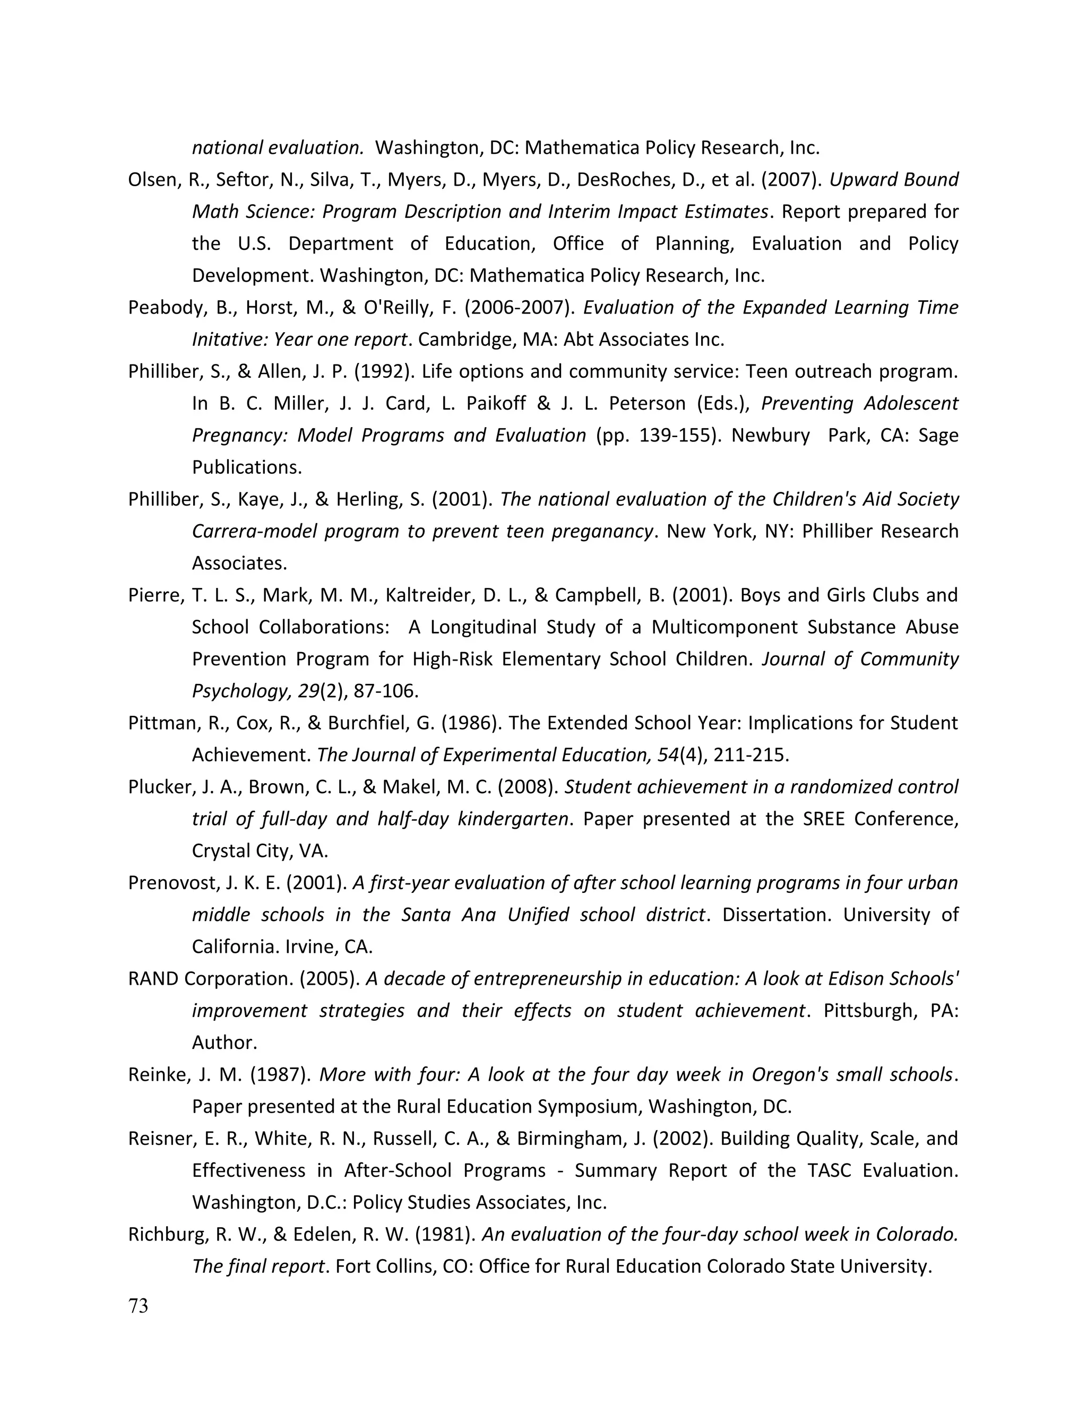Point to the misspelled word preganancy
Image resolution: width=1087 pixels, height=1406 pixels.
604,531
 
